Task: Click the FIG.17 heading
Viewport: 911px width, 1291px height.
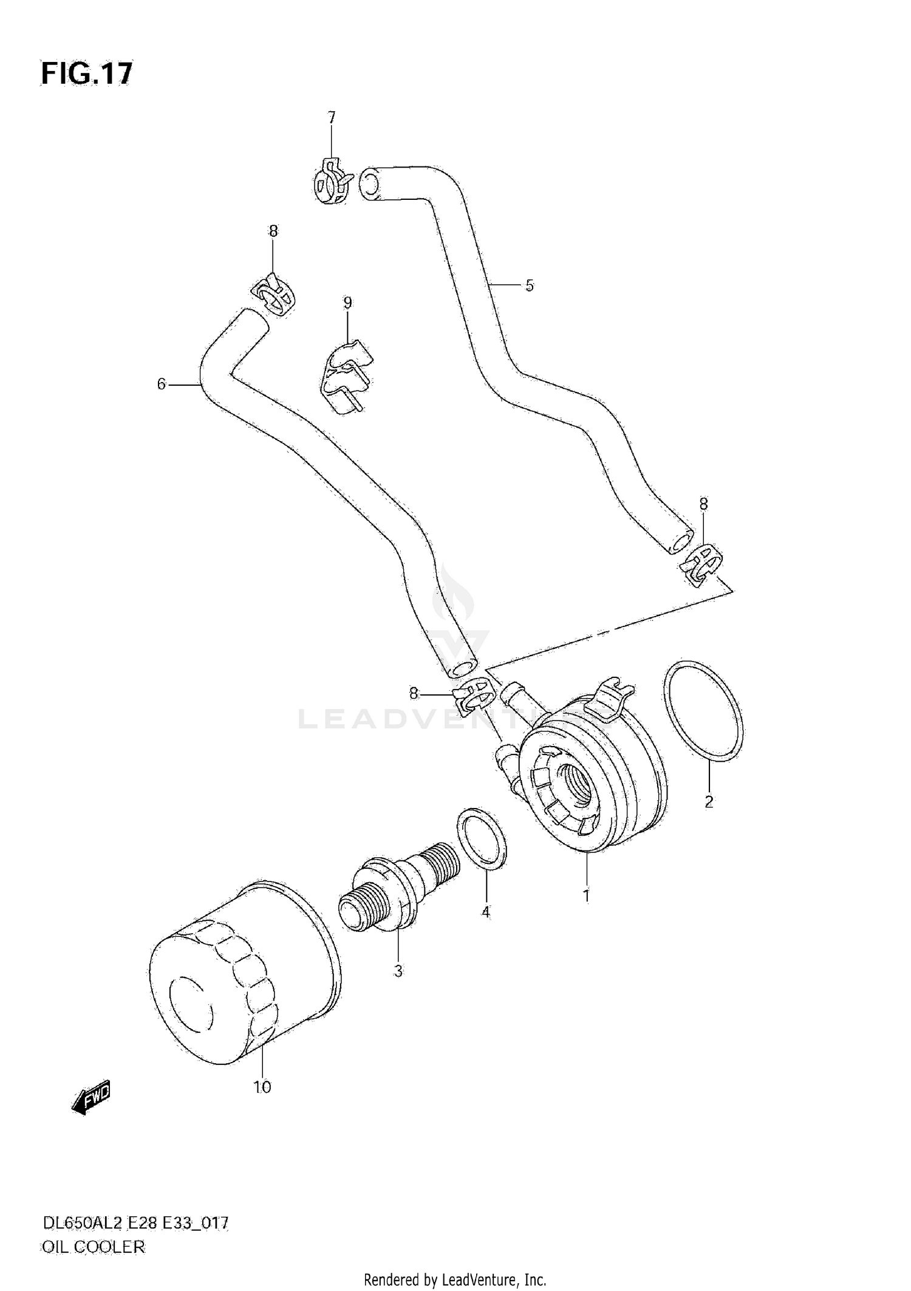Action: (86, 74)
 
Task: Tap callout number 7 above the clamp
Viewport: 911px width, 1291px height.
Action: (332, 118)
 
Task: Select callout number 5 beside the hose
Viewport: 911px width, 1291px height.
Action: (530, 285)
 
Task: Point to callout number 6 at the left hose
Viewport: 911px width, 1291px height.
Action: (162, 384)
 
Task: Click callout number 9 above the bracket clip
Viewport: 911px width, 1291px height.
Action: (347, 303)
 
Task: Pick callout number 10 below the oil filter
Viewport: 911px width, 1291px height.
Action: (262, 1086)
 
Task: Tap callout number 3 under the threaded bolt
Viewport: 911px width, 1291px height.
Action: (398, 971)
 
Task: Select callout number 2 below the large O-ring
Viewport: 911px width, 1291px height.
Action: (709, 802)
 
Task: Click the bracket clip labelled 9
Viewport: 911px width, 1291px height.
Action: (344, 378)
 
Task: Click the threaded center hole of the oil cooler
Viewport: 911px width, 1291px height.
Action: (575, 789)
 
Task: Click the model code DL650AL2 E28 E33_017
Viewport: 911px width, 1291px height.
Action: (135, 1223)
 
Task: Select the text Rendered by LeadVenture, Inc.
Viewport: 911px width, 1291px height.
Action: (455, 1279)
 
